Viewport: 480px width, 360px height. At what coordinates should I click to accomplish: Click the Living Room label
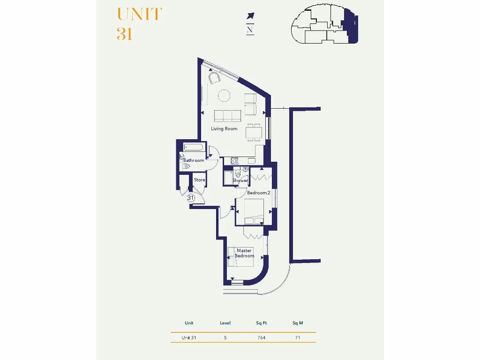point(224,129)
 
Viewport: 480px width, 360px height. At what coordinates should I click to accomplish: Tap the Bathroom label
point(194,160)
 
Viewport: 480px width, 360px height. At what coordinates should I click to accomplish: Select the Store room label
point(200,180)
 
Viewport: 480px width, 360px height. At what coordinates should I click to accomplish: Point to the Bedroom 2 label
point(258,193)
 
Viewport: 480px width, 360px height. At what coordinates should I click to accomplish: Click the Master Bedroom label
point(244,254)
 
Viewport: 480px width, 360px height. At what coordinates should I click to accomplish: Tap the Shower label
point(240,180)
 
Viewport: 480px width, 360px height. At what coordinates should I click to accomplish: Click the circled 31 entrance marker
point(191,198)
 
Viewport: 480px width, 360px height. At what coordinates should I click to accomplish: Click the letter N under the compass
point(250,29)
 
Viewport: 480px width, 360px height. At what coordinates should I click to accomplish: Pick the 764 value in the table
point(261,337)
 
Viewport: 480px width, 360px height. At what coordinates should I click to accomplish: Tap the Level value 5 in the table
point(225,337)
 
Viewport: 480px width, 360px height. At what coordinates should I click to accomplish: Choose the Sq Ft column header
point(261,323)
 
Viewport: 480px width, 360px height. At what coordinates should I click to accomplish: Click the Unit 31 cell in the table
point(189,337)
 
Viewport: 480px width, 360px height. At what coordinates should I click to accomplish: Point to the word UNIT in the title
point(139,15)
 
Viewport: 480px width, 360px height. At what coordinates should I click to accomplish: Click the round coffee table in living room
point(224,96)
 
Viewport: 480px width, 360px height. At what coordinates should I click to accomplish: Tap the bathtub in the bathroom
point(193,147)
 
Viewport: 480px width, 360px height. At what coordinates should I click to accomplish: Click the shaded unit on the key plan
point(350,26)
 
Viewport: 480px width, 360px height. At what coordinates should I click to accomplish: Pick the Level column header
point(225,323)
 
